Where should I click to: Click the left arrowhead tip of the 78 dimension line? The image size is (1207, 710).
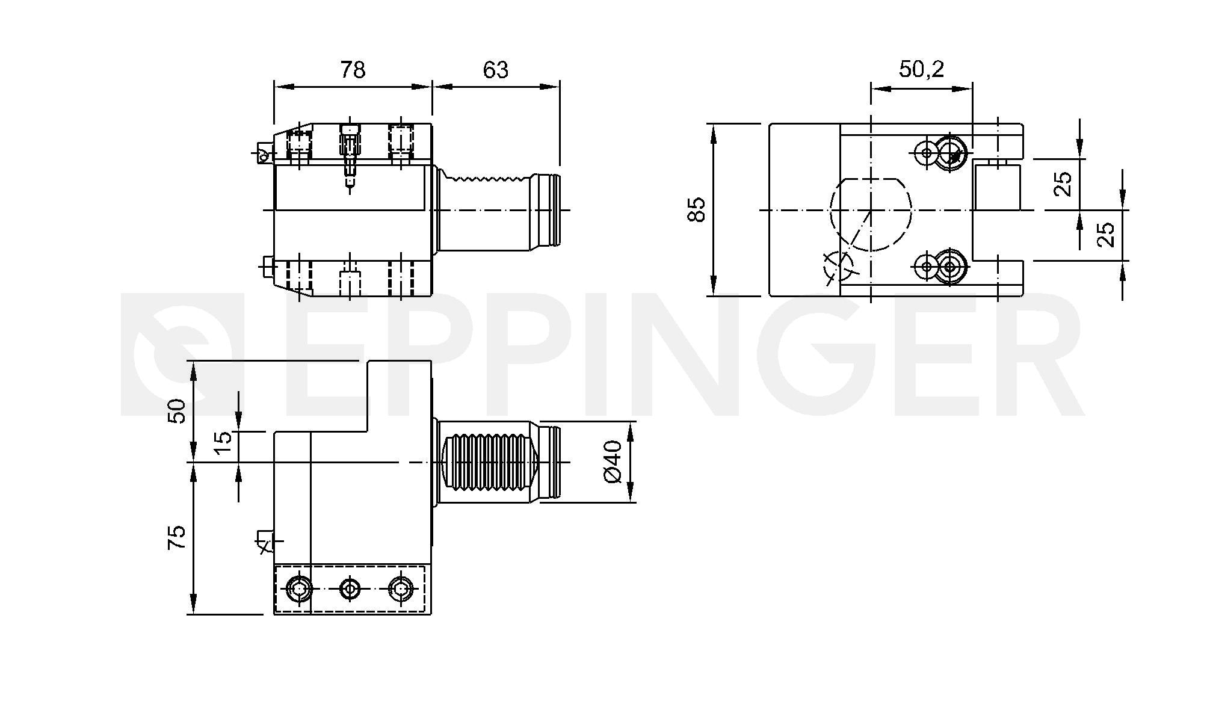click(x=275, y=87)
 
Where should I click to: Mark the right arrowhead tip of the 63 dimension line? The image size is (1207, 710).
click(x=559, y=87)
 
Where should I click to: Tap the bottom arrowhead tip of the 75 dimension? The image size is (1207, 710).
click(x=193, y=614)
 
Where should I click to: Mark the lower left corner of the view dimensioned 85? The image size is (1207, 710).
click(x=770, y=296)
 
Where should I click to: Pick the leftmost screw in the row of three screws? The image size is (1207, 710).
click(x=299, y=588)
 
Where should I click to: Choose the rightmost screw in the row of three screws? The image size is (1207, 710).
click(x=401, y=588)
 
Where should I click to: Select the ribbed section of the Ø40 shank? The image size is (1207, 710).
click(x=489, y=462)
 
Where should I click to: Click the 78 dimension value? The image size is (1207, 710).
click(x=353, y=70)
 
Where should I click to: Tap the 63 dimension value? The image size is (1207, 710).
click(x=496, y=70)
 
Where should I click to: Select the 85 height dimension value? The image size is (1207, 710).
click(x=696, y=209)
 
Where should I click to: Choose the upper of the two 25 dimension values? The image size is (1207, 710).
click(x=1063, y=184)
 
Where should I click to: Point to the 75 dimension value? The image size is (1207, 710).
click(x=176, y=537)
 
